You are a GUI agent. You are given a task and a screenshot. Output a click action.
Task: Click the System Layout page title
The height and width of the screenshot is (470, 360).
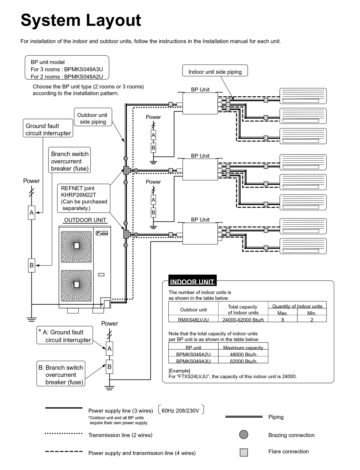tap(81, 20)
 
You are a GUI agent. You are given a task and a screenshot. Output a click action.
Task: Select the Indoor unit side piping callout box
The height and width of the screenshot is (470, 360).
tap(215, 72)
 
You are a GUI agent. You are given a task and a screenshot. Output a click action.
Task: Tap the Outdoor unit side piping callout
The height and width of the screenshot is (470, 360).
tap(93, 118)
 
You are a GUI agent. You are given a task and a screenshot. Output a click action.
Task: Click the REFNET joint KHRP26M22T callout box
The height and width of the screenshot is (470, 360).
tap(84, 198)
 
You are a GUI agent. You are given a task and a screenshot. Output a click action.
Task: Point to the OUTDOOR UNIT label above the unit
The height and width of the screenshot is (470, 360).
tap(85, 220)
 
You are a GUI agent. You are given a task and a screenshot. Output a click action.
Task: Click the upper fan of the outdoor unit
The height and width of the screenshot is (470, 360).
tap(76, 246)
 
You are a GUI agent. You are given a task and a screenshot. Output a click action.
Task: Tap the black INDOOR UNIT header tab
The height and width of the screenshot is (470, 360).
tap(192, 281)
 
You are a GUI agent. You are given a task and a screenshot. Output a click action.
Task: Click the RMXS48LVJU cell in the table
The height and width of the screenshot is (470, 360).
tap(193, 319)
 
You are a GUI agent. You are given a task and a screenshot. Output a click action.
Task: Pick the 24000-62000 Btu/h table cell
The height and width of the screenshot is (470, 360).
tap(243, 319)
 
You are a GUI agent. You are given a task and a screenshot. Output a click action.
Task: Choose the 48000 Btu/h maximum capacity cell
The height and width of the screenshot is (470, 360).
tap(243, 354)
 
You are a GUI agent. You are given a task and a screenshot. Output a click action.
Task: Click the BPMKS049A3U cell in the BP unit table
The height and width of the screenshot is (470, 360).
tap(193, 361)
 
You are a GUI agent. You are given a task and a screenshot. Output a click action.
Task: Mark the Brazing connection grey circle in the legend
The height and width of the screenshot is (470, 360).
tap(244, 434)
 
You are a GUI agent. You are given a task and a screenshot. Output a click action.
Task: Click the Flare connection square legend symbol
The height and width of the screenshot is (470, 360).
tap(244, 452)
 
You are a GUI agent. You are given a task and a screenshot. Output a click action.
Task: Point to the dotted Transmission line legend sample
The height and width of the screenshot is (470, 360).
tap(63, 433)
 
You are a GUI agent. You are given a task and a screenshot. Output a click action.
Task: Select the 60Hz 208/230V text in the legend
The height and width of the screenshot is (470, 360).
tap(180, 410)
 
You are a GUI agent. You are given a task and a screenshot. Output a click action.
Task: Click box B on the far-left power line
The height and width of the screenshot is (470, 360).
tap(31, 265)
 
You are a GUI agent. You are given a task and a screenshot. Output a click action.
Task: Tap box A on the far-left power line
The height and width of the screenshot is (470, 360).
tap(31, 212)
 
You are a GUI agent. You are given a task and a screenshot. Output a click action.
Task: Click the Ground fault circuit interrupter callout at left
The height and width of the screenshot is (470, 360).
tap(48, 129)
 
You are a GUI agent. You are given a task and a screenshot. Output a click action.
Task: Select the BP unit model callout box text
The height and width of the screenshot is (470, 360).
tap(67, 69)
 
